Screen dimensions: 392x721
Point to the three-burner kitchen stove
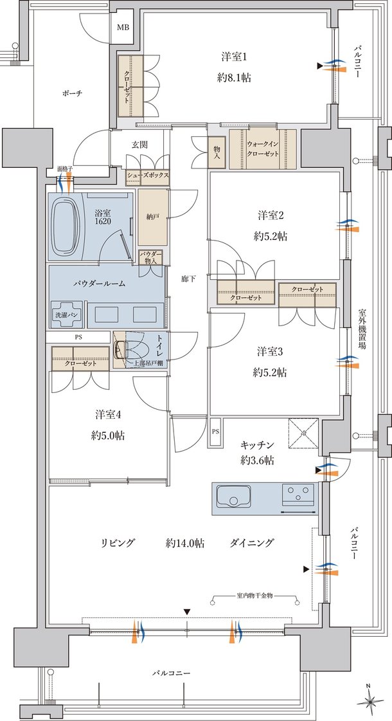298,495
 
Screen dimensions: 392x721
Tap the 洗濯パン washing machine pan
66,314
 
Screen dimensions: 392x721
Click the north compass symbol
370,700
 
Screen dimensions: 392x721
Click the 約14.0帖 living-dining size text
184,543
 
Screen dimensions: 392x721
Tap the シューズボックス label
148,175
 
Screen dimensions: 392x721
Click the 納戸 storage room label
153,217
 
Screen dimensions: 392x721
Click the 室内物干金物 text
255,596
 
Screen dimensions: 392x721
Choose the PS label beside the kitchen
215,432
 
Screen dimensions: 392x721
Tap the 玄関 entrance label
139,145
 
